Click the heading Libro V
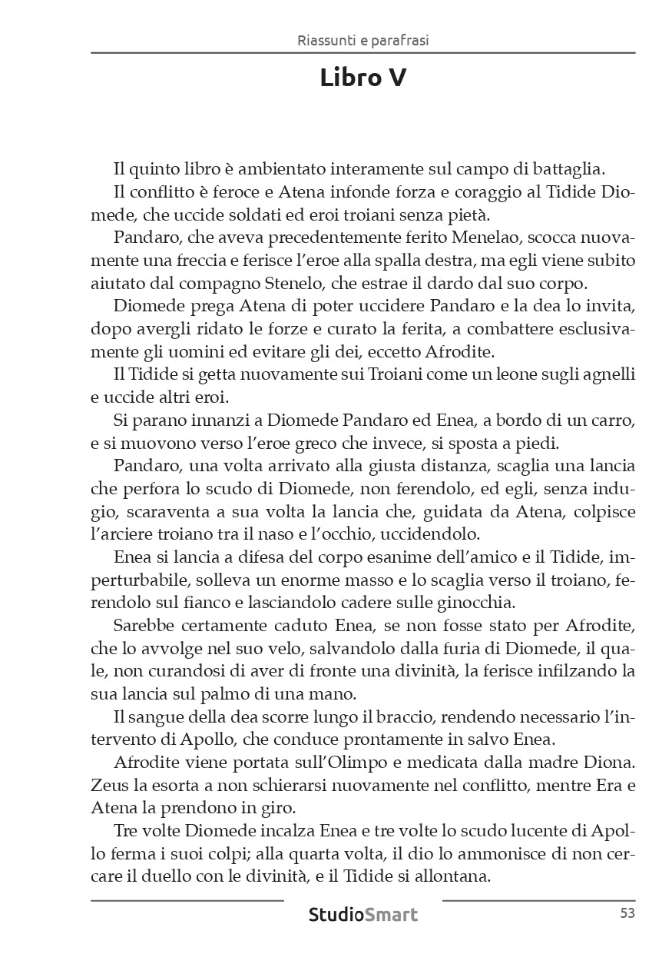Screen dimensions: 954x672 363,78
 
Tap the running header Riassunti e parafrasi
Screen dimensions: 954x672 362,41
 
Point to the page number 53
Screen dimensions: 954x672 627,914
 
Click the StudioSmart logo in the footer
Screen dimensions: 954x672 363,915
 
